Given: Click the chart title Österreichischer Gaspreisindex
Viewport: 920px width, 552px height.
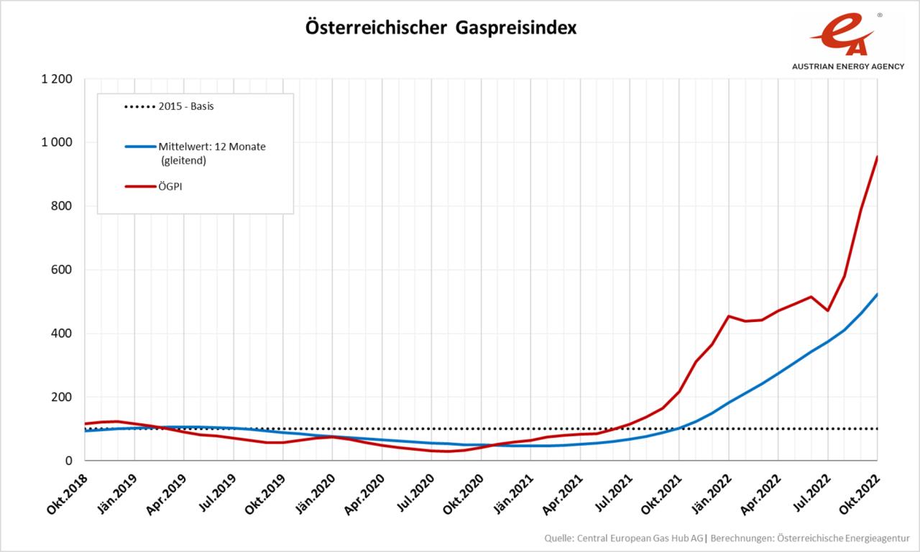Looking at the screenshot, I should point(441,28).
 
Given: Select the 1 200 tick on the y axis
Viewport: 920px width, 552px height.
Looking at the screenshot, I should point(57,79).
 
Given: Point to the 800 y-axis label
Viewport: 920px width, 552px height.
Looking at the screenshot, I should point(63,206).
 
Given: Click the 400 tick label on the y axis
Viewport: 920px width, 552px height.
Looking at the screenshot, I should point(63,333).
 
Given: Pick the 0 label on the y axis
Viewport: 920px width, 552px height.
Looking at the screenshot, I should point(68,461).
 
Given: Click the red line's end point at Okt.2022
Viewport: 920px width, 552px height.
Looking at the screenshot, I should point(877,157).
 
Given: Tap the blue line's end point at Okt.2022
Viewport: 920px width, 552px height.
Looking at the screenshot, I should point(877,295).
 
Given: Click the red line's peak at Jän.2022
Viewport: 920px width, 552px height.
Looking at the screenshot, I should point(729,316).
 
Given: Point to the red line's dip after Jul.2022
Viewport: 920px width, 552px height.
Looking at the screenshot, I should point(828,310).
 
